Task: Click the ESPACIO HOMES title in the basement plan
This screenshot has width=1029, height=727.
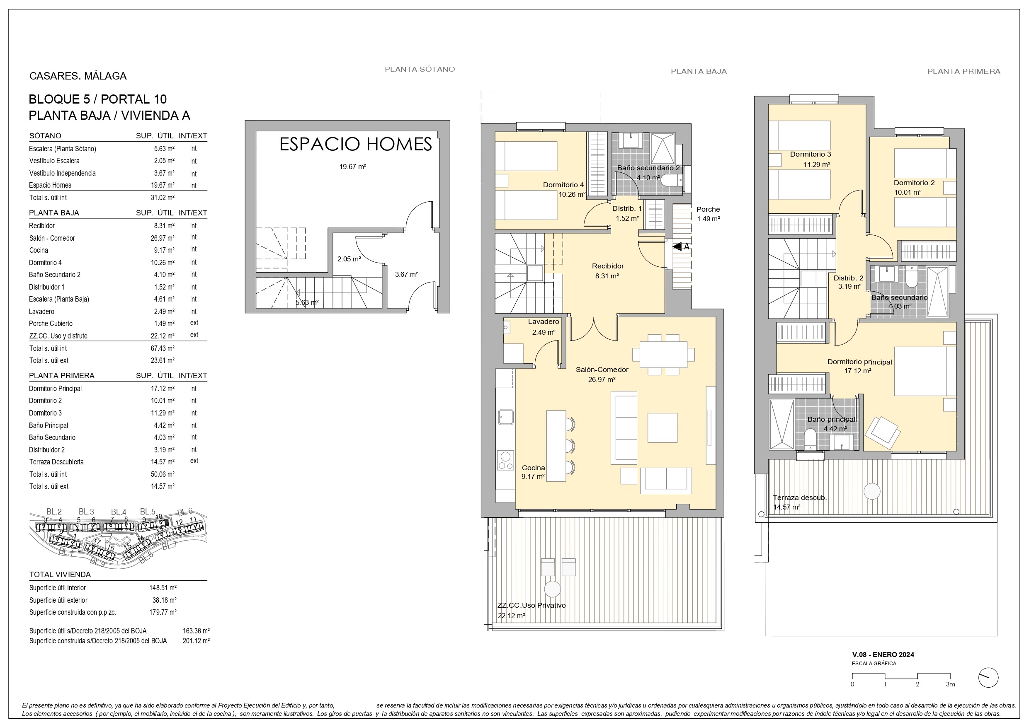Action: [x=355, y=144]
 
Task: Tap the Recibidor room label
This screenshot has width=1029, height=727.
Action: [x=608, y=266]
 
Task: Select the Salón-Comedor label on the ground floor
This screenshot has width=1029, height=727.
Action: [x=602, y=370]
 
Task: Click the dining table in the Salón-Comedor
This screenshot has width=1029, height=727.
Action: [x=663, y=355]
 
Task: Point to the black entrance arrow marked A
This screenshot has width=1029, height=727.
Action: [x=677, y=246]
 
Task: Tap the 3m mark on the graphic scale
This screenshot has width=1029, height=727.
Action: [x=951, y=684]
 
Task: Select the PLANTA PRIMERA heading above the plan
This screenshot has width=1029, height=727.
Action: [x=963, y=71]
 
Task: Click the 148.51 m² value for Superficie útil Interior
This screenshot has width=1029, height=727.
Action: [x=163, y=588]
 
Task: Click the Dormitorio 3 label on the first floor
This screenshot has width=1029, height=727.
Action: [x=810, y=154]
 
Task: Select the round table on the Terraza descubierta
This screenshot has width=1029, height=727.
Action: [x=872, y=491]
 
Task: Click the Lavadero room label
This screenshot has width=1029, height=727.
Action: [x=544, y=321]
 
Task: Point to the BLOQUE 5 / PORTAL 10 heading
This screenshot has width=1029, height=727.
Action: [x=98, y=99]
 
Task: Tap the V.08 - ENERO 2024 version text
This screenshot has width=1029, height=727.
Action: [x=883, y=655]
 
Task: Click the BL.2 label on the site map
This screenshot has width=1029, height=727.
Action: [x=54, y=512]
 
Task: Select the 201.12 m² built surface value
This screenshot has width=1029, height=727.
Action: [x=196, y=641]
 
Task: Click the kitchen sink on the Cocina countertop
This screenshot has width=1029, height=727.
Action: [x=505, y=417]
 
